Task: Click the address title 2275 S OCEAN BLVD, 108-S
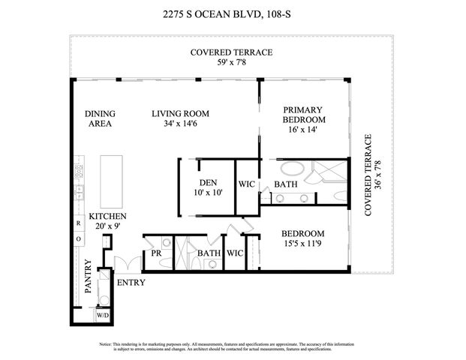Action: pyautogui.click(x=232, y=13)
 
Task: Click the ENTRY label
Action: pyautogui.click(x=131, y=283)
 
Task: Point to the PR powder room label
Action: pyautogui.click(x=156, y=253)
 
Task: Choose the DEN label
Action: pyautogui.click(x=208, y=183)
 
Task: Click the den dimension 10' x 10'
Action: pyautogui.click(x=208, y=193)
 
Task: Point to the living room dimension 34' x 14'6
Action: pyautogui.click(x=180, y=124)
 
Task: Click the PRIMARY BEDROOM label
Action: pyautogui.click(x=304, y=114)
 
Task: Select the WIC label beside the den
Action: pyautogui.click(x=248, y=184)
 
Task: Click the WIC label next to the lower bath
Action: pyautogui.click(x=236, y=253)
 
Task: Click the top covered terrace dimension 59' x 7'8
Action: pyautogui.click(x=232, y=63)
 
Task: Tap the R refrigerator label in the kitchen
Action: pyautogui.click(x=78, y=223)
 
